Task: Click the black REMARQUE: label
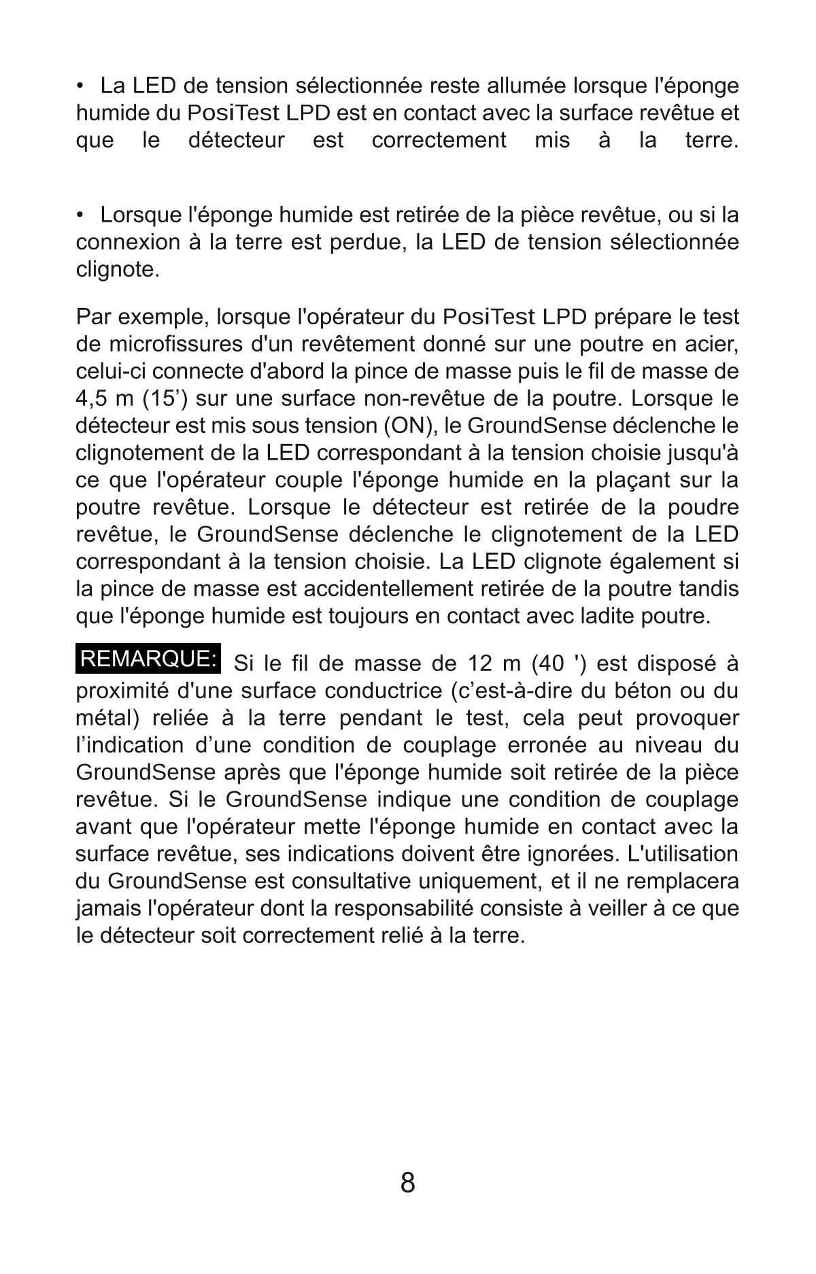(x=149, y=659)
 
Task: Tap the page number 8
(x=407, y=1183)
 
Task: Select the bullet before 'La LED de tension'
(x=81, y=86)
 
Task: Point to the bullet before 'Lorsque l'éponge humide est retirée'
(x=81, y=215)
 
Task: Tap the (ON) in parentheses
(x=406, y=426)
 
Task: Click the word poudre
(x=702, y=507)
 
